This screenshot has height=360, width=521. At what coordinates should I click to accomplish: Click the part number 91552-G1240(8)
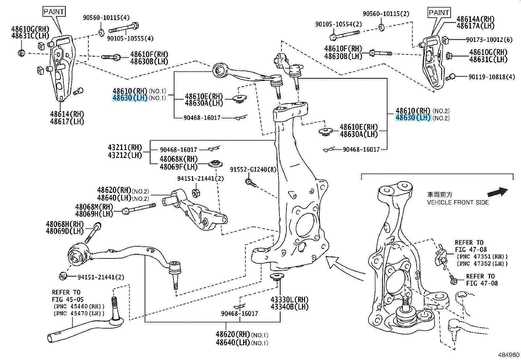click(253, 170)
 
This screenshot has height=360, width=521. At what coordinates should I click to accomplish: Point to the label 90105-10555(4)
click(130, 38)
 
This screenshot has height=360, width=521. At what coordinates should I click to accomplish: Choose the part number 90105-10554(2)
click(338, 24)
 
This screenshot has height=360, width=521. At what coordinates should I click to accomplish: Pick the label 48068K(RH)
click(179, 160)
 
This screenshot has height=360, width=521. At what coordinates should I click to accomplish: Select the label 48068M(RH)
click(94, 207)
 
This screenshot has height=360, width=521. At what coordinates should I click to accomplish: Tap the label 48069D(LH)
click(65, 231)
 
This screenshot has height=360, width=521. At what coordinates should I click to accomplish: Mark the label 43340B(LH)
click(289, 307)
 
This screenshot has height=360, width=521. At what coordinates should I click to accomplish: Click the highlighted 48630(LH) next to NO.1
click(130, 98)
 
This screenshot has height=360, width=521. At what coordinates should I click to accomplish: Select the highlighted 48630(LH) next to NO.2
click(413, 118)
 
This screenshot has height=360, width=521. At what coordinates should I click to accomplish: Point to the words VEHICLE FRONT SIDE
click(458, 202)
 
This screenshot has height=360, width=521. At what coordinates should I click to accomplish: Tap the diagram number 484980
click(509, 355)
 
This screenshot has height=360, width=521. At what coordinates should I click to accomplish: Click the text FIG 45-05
click(68, 299)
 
